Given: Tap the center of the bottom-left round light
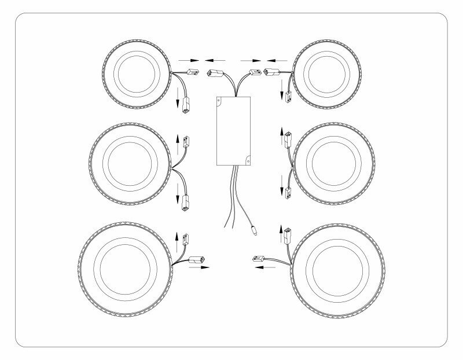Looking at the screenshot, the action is [x=124, y=264].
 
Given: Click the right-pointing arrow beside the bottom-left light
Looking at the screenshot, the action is [x=197, y=267].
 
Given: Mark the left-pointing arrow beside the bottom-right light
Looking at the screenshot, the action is [x=265, y=268].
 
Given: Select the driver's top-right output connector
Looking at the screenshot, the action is [x=253, y=74].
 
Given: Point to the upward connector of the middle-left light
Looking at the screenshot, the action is [x=186, y=139].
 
